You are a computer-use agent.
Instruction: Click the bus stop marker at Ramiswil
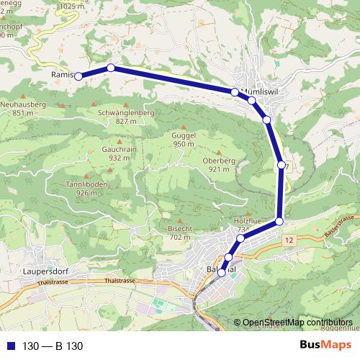tap(78, 76)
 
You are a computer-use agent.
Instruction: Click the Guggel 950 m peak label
tap(184, 140)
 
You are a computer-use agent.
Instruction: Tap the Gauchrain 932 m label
tap(114, 153)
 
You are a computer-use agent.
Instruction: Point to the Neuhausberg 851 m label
tap(23, 108)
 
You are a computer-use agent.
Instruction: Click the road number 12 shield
tap(289, 238)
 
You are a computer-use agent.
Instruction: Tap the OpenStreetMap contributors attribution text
tap(297, 323)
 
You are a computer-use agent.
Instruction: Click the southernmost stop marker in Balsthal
tap(222, 272)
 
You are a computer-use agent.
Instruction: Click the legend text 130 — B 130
tap(53, 346)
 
